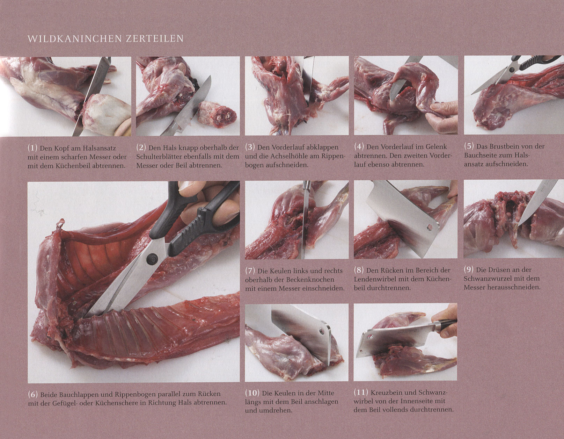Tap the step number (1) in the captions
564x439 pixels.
[32, 148]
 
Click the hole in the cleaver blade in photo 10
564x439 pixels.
[323, 331]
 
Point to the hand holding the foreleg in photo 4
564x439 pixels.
[442, 118]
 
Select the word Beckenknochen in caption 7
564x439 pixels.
[310, 280]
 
